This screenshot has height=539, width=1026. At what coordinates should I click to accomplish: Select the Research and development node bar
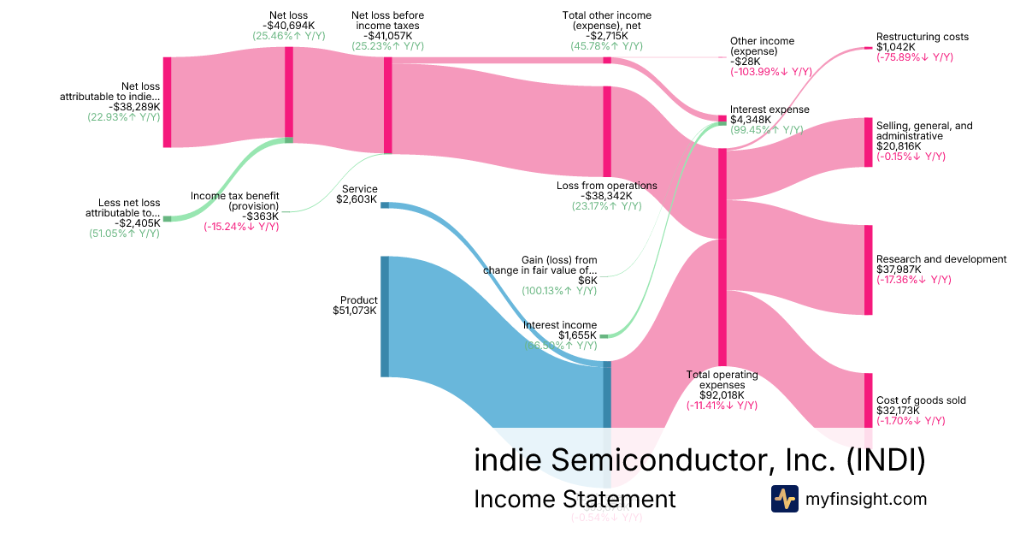(x=869, y=269)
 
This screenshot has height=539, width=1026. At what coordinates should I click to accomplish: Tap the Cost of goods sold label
(x=922, y=400)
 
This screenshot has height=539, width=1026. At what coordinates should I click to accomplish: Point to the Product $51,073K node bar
(x=385, y=317)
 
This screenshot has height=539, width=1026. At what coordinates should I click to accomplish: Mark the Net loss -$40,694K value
(x=289, y=26)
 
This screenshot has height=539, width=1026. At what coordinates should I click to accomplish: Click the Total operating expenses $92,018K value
(x=722, y=395)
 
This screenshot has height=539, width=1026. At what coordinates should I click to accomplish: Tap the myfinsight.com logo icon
(x=784, y=499)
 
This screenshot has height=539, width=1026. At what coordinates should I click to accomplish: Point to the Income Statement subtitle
(x=575, y=499)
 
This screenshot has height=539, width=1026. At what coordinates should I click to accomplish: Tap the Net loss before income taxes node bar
(x=387, y=104)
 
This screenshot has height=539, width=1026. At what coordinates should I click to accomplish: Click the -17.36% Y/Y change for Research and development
(x=914, y=280)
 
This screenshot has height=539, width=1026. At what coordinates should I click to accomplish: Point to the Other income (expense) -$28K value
(x=745, y=62)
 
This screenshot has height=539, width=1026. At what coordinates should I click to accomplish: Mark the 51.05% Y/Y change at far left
(x=125, y=233)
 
